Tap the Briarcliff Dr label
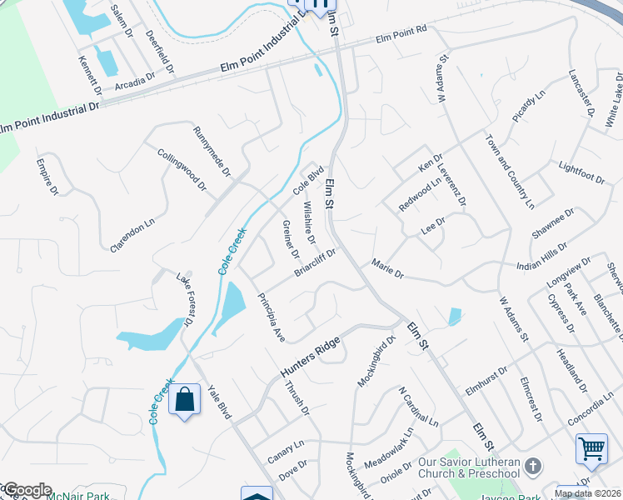314,262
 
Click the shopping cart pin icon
591,448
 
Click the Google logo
27,490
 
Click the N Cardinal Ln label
417,407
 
